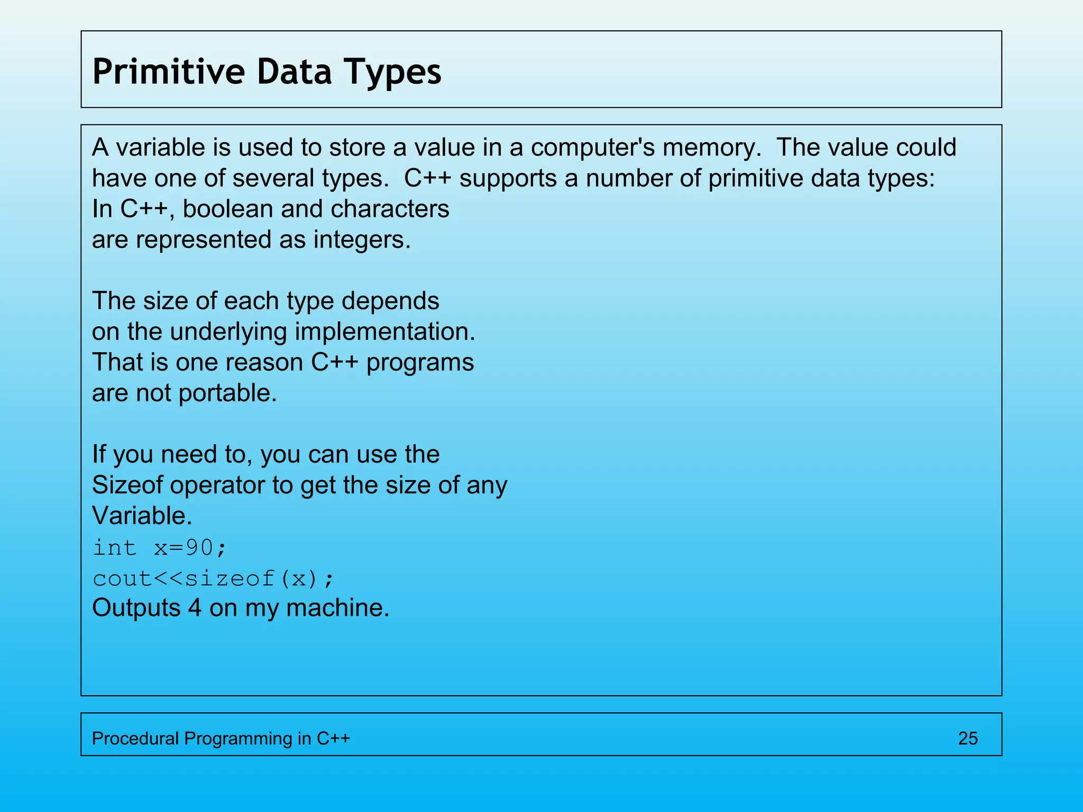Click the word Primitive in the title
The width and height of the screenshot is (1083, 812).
(168, 71)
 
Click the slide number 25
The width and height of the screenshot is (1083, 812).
(968, 738)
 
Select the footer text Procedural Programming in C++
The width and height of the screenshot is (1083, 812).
(221, 738)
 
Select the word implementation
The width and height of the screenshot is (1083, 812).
(384, 331)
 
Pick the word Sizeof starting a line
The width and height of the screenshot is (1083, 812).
(127, 485)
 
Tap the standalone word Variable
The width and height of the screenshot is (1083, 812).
(141, 515)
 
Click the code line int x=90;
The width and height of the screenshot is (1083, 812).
(160, 547)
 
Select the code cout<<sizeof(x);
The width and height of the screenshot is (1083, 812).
(214, 578)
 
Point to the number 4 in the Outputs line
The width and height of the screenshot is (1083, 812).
(195, 608)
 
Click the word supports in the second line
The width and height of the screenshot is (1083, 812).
(508, 178)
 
